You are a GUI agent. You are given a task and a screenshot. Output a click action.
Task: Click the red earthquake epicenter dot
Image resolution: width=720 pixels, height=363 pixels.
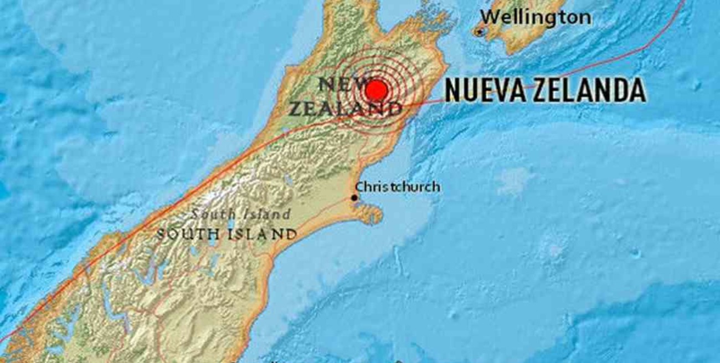tap(377, 90)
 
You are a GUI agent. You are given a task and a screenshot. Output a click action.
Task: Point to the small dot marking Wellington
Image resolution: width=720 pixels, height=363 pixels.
tap(480, 33)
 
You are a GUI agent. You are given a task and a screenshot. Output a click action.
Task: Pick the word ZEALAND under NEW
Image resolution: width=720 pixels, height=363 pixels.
tap(343, 109)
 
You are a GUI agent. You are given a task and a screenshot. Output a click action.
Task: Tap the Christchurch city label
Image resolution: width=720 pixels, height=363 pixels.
tap(398, 187)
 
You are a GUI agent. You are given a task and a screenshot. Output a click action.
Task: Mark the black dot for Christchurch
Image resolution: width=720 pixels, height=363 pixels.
tap(354, 198)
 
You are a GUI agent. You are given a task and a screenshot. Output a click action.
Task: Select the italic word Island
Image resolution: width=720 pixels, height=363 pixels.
tap(267, 214)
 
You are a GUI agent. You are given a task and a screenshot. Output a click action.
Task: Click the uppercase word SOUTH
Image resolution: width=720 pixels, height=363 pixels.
tap(188, 234)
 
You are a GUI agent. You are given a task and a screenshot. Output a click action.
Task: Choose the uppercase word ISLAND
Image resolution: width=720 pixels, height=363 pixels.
tap(262, 234)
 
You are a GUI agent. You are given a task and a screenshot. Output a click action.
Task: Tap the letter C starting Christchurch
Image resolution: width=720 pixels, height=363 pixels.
tap(359, 187)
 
